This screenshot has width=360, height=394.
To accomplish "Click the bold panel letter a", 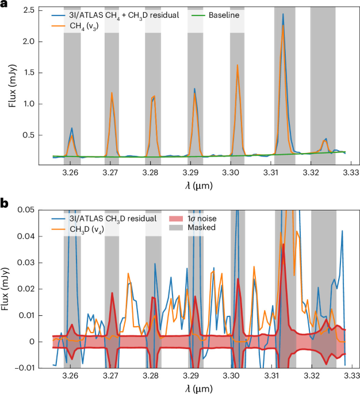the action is [x=3, y=4].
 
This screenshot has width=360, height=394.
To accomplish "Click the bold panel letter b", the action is [x=4, y=204].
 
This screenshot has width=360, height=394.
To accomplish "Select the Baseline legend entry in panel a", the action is [x=215, y=15].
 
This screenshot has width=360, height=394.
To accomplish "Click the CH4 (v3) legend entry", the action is [x=75, y=26].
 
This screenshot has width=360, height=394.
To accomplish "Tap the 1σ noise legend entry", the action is [x=193, y=219].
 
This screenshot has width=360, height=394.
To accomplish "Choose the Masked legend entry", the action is [x=192, y=227].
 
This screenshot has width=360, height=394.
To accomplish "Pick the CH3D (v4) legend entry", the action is [x=78, y=229].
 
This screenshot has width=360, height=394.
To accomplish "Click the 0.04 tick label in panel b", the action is [x=26, y=236].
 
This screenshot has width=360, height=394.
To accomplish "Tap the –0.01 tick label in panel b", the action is [x=25, y=368].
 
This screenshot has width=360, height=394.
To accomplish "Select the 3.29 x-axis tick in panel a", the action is [x=190, y=173].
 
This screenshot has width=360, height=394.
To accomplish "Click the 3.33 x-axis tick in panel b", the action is [x=351, y=376].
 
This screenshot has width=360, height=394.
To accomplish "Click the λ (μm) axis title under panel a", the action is [x=198, y=186].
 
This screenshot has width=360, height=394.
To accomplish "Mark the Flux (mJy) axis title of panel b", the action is [x=6, y=289].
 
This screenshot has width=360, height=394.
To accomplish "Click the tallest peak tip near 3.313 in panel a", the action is [x=283, y=14].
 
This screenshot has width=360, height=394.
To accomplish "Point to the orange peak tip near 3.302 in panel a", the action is [x=237, y=65].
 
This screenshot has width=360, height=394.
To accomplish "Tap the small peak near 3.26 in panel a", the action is [x=72, y=128].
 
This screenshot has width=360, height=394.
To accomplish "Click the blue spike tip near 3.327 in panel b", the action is [x=342, y=231].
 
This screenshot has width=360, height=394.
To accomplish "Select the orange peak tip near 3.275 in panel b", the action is [x=128, y=273].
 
